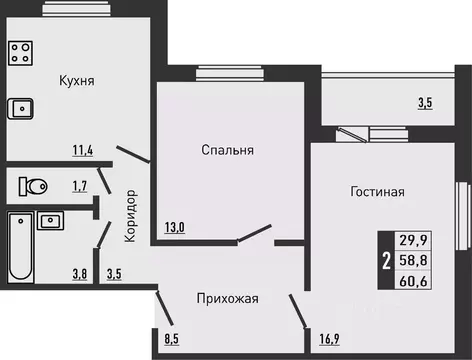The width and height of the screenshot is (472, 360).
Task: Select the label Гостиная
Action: coord(377,191)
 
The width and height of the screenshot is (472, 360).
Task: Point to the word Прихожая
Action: coord(228,297)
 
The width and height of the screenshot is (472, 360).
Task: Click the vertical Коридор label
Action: coord(132,216)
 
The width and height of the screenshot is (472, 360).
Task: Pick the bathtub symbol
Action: coord(20,247)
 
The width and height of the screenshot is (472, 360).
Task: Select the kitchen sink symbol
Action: coord(20,108)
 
